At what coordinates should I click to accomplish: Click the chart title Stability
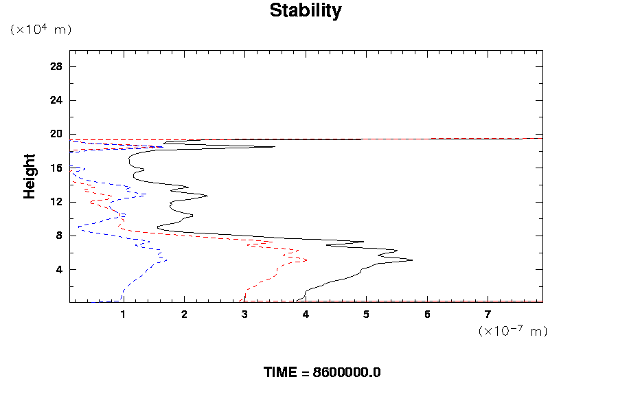tap(305, 11)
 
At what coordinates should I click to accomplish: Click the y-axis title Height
tap(30, 176)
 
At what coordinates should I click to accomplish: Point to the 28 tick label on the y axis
tap(57, 67)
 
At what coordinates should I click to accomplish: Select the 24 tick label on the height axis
tap(57, 100)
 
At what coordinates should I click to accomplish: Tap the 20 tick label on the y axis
tap(57, 134)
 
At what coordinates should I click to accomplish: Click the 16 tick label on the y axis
tap(57, 168)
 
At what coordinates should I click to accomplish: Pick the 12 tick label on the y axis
tap(57, 202)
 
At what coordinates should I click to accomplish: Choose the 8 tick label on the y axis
tap(60, 236)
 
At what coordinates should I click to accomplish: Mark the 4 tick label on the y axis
tap(60, 269)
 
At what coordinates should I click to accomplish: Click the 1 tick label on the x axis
tap(124, 315)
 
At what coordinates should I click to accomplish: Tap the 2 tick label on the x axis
tap(184, 315)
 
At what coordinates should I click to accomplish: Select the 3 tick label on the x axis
tap(245, 315)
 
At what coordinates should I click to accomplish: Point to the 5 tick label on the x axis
tap(367, 315)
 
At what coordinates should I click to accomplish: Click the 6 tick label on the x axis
tap(427, 315)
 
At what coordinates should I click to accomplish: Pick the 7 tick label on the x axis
tap(488, 315)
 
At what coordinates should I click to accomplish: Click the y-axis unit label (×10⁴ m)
tap(41, 30)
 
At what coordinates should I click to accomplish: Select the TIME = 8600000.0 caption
tap(322, 372)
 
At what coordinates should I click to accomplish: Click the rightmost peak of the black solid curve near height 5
tap(412, 260)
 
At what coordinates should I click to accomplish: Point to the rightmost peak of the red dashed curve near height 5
tap(306, 260)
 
